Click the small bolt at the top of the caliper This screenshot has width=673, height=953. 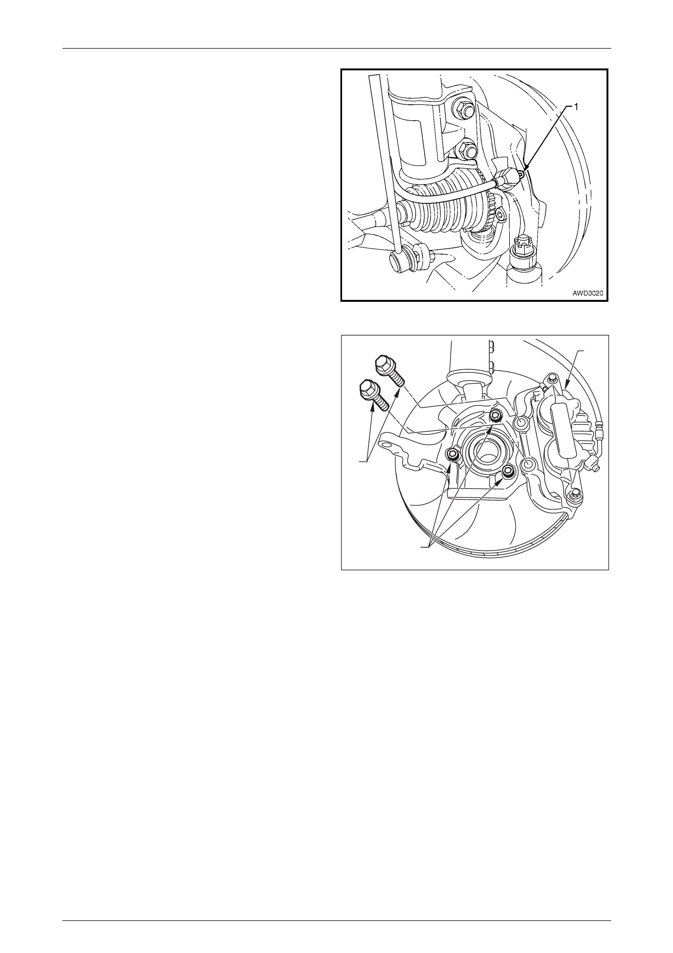tap(551, 378)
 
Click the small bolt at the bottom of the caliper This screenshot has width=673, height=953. tap(574, 494)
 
